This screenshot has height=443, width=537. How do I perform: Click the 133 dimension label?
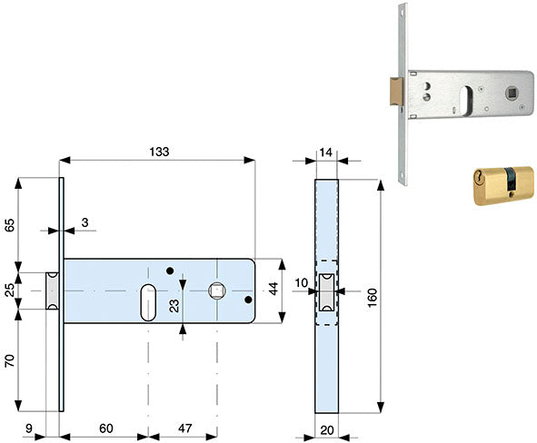coord(159,152)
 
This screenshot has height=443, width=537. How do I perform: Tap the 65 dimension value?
coord(10,225)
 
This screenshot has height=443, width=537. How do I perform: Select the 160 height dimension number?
coord(372,298)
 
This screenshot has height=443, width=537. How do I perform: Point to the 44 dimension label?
coord(273,289)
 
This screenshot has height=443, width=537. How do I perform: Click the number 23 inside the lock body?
coord(174,306)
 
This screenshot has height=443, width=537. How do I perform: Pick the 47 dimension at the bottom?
coord(185,428)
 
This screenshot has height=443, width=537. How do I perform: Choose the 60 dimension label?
coord(106,428)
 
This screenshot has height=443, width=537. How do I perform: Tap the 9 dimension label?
coord(29,428)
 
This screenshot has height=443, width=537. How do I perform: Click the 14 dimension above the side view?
coord(325,153)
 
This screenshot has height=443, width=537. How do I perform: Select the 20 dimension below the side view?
coord(327,430)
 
